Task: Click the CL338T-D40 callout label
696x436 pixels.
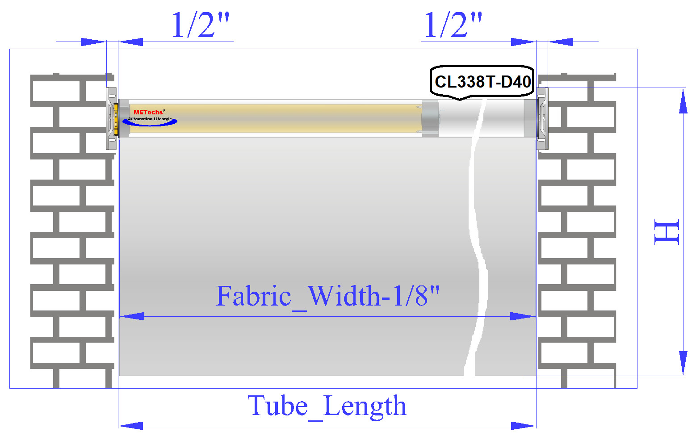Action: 482,82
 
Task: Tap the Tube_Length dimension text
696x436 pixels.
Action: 327,406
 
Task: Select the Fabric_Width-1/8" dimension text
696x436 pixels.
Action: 328,296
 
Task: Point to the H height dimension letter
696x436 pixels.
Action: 667,232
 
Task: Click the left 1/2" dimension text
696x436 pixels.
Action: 201,25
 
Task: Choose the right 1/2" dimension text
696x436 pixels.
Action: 453,25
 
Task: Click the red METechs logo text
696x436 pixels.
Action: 148,112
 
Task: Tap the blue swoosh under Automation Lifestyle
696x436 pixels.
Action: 150,122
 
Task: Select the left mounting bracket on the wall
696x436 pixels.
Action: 111,118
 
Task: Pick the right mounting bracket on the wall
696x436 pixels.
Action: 542,118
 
